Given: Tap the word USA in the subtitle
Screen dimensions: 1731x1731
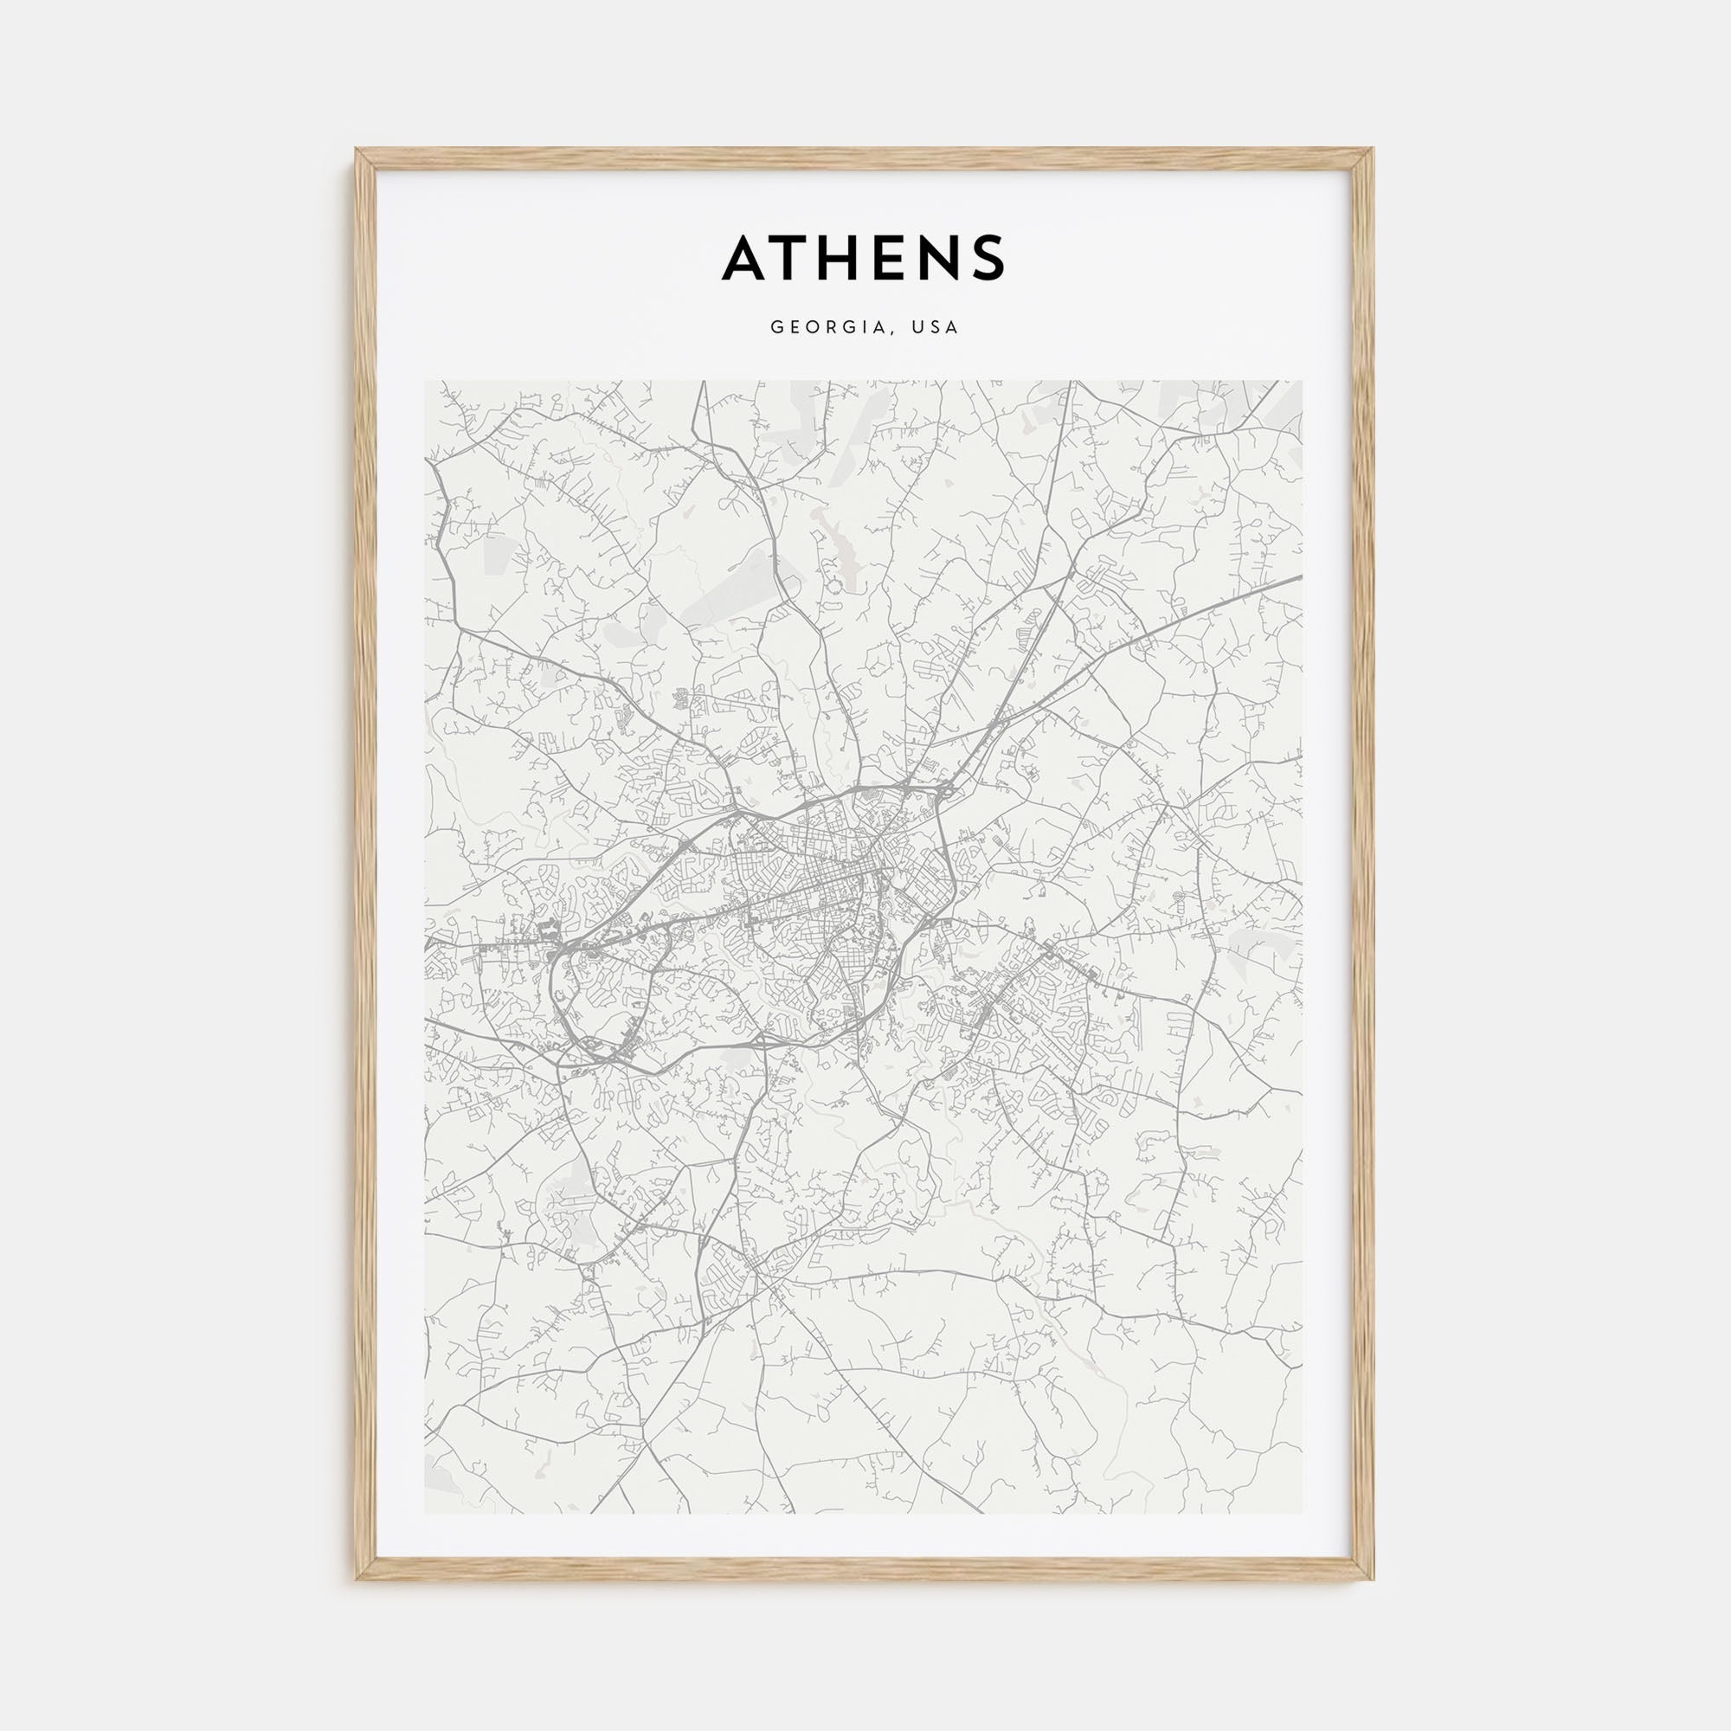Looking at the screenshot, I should tap(936, 328).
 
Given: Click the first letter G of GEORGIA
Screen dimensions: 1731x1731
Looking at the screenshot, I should tap(775, 328).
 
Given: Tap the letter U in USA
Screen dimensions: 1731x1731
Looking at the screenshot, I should tap(917, 328).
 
